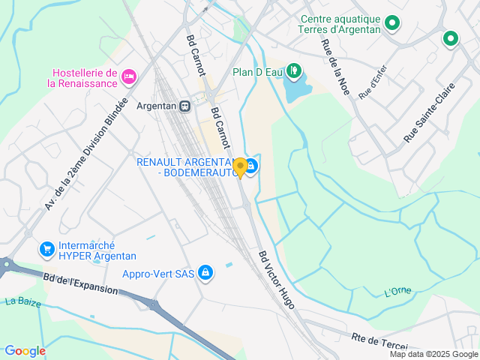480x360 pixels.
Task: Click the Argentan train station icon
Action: click(184, 106)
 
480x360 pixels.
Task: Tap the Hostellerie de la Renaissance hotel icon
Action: click(129, 76)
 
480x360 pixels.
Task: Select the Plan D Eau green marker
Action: click(295, 72)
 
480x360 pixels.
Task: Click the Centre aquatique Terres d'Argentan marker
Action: click(391, 25)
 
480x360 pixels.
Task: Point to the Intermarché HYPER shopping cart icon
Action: click(46, 249)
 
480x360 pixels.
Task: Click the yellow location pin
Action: click(240, 166)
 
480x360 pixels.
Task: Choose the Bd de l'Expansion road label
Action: click(80, 284)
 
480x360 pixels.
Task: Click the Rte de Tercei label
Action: click(379, 340)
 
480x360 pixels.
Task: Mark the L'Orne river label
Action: click(397, 291)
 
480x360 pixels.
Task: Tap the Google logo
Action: click(25, 350)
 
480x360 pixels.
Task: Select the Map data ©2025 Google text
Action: click(433, 354)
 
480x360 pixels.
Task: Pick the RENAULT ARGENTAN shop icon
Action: click(252, 166)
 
